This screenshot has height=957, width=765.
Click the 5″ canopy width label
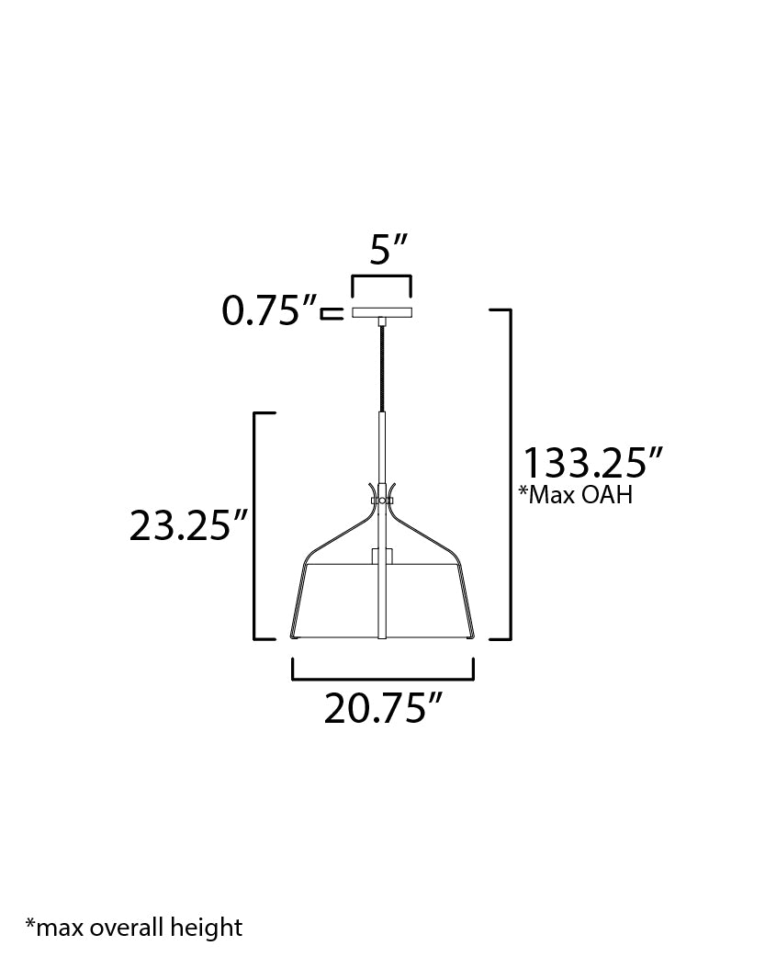388,250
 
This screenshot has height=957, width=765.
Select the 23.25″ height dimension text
188,525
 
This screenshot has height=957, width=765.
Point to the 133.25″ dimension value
592,462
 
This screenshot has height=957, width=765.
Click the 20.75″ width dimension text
384,708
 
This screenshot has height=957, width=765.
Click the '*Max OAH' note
576,496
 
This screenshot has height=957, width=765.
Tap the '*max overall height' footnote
134,927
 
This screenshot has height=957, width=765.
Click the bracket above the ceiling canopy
381,278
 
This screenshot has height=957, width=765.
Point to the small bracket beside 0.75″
332,313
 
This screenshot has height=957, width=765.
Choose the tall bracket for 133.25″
505,474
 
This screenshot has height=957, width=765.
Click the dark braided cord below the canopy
380,367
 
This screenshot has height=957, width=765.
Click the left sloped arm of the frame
336,532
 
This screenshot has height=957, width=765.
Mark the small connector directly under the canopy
380,321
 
